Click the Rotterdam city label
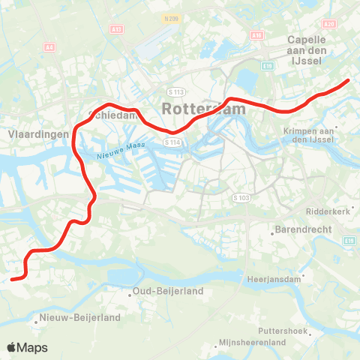pyautogui.click(x=203, y=109)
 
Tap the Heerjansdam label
pyautogui.click(x=274, y=279)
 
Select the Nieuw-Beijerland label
pyautogui.click(x=82, y=318)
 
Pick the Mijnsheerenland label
pyautogui.click(x=252, y=342)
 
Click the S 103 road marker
pyautogui.click(x=240, y=197)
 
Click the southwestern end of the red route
pyautogui.click(x=13, y=280)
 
